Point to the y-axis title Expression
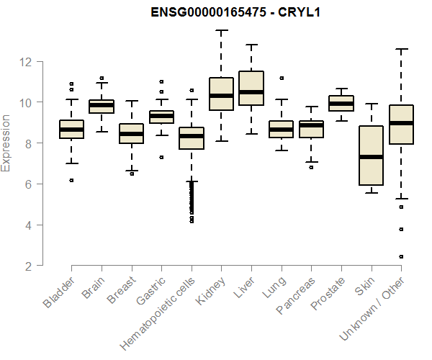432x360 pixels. (6, 143)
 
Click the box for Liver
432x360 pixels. (251, 88)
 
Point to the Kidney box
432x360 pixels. (221, 94)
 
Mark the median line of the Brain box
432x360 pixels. (102, 105)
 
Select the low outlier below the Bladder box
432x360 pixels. (71, 180)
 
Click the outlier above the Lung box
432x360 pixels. (282, 78)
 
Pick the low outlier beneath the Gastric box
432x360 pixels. (161, 157)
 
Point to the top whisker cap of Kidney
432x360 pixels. (221, 31)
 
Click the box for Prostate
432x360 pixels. (341, 103)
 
